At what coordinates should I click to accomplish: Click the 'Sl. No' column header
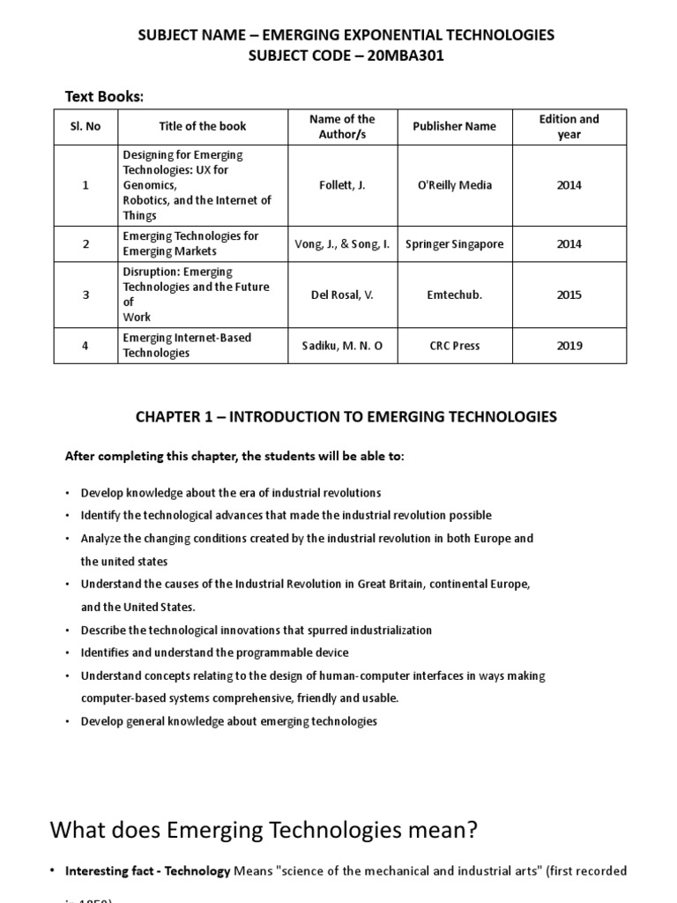coord(86,126)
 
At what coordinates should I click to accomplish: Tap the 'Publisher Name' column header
coord(454,126)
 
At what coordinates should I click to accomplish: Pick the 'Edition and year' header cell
coord(569,126)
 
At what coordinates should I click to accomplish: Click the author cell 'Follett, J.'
coord(343,185)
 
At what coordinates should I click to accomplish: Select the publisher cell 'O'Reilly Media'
coord(454,185)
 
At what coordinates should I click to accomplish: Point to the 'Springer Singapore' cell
coord(454,243)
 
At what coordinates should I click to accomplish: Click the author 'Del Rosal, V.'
coord(343,295)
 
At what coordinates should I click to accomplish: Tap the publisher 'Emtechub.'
coord(454,295)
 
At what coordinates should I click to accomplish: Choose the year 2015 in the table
coord(569,295)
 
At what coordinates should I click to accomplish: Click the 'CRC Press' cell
coord(454,346)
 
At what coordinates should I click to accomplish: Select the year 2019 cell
coord(569,346)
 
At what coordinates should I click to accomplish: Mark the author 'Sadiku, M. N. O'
coord(343,346)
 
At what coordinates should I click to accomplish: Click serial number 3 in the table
coord(86,295)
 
